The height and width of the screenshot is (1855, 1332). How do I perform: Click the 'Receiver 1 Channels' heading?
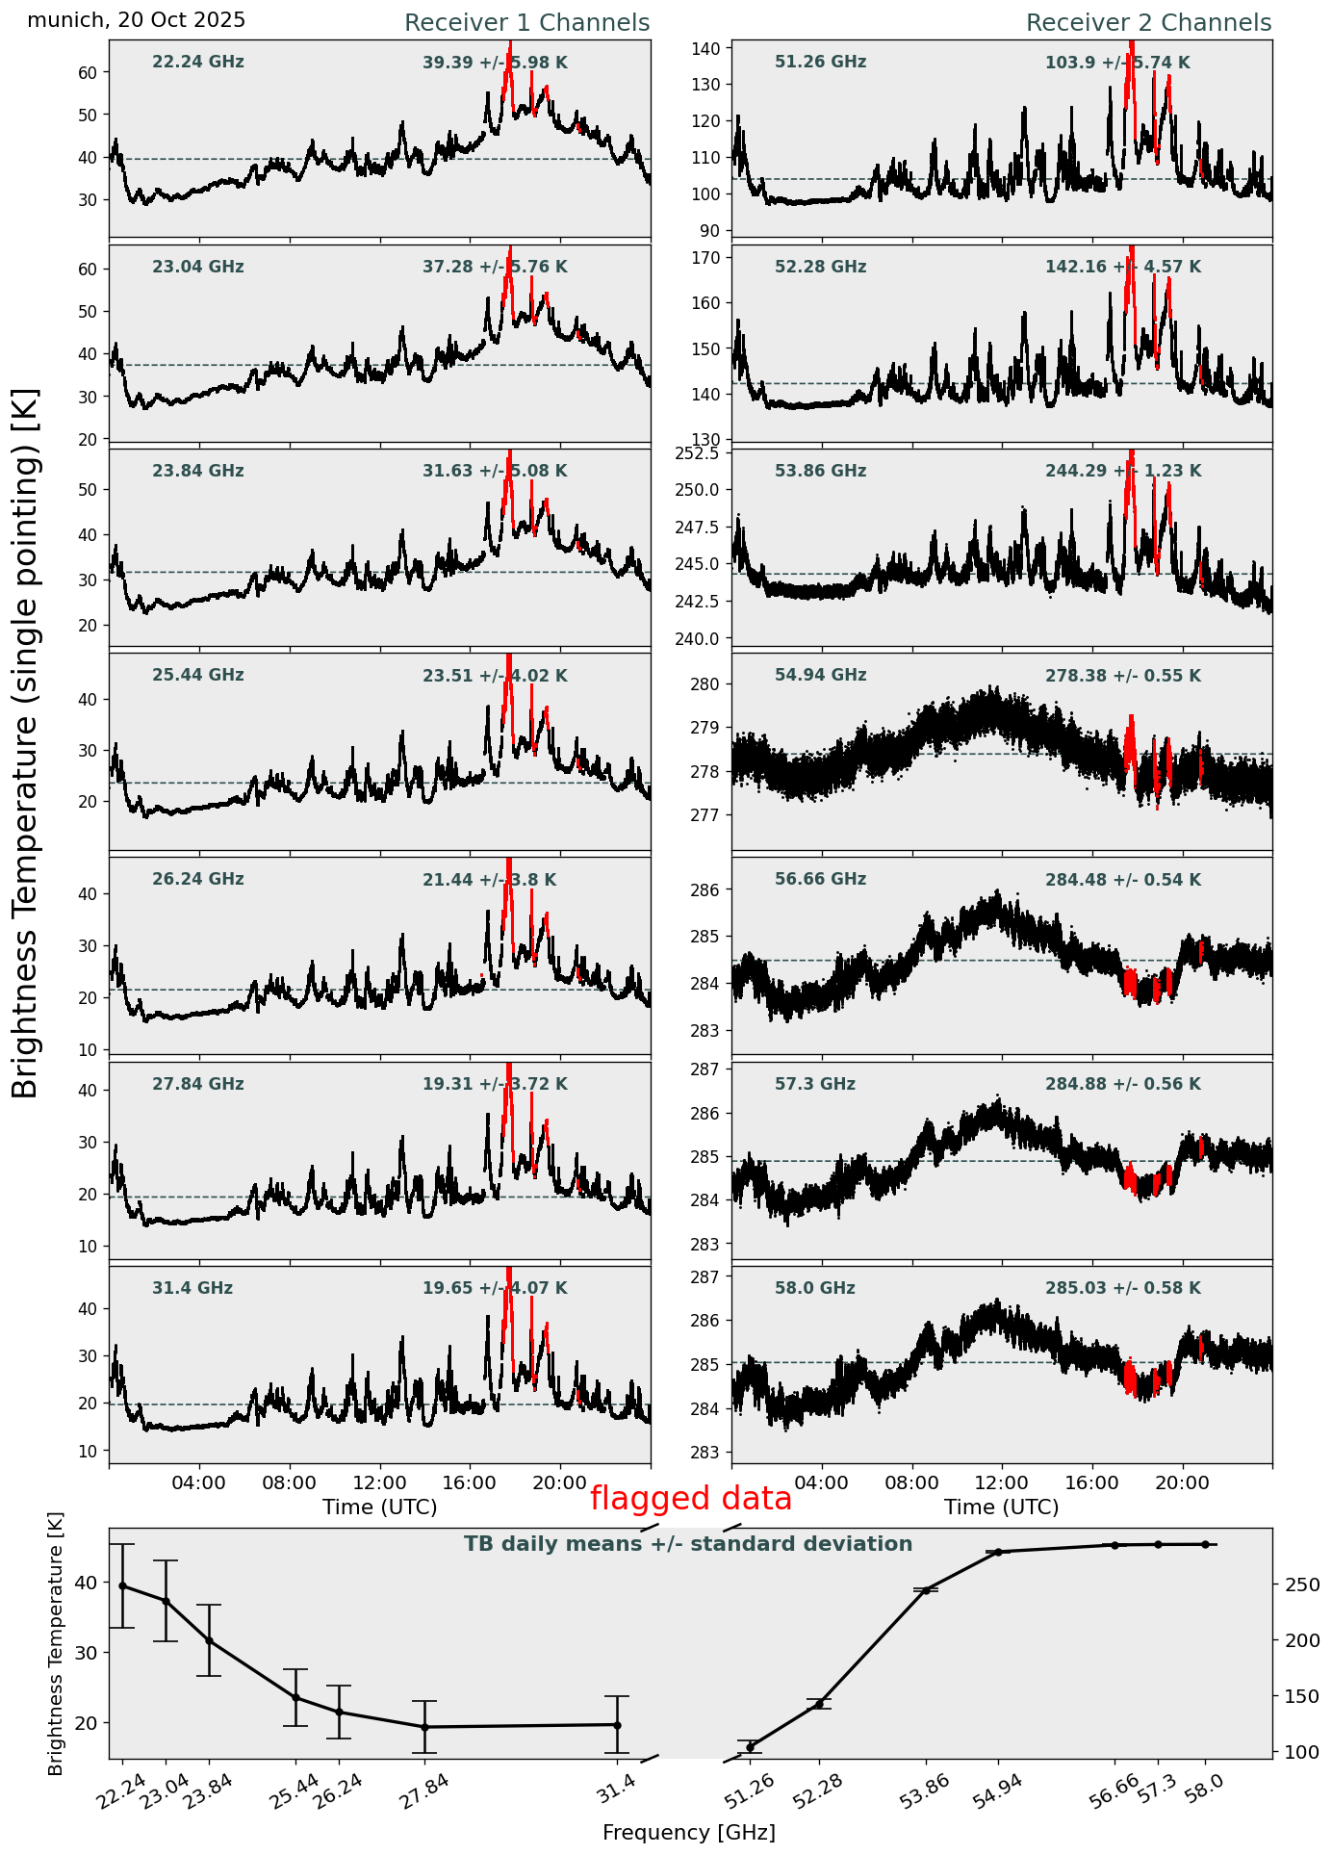coord(526,23)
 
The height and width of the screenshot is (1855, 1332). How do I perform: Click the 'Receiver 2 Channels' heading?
coord(1148,23)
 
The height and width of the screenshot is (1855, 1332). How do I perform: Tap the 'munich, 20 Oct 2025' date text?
coord(136,20)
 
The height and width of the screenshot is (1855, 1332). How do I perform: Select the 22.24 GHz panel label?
coord(198,63)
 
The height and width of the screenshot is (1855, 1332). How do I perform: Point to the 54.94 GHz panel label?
coord(820,676)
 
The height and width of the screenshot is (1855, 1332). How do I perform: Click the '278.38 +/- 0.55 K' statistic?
coord(1122,676)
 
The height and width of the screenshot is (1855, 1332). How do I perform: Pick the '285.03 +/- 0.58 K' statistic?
coord(1122,1288)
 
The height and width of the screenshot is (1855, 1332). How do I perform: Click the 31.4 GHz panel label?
coord(192,1288)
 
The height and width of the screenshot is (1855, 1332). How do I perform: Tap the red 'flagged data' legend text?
coord(690,1499)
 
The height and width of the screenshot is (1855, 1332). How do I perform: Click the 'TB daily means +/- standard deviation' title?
coord(688,1544)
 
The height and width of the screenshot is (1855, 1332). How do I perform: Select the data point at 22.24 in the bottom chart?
coord(122,1585)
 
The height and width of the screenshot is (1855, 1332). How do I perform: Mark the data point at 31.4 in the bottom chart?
coord(617,1725)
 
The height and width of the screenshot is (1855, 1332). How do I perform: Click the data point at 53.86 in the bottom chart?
coord(926,1590)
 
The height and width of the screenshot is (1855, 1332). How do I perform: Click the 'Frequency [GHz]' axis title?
coord(688,1832)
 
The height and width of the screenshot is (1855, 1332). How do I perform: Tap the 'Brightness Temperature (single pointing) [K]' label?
coord(26,742)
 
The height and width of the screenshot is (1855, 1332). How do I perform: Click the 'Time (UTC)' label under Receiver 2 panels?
coord(1001,1507)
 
